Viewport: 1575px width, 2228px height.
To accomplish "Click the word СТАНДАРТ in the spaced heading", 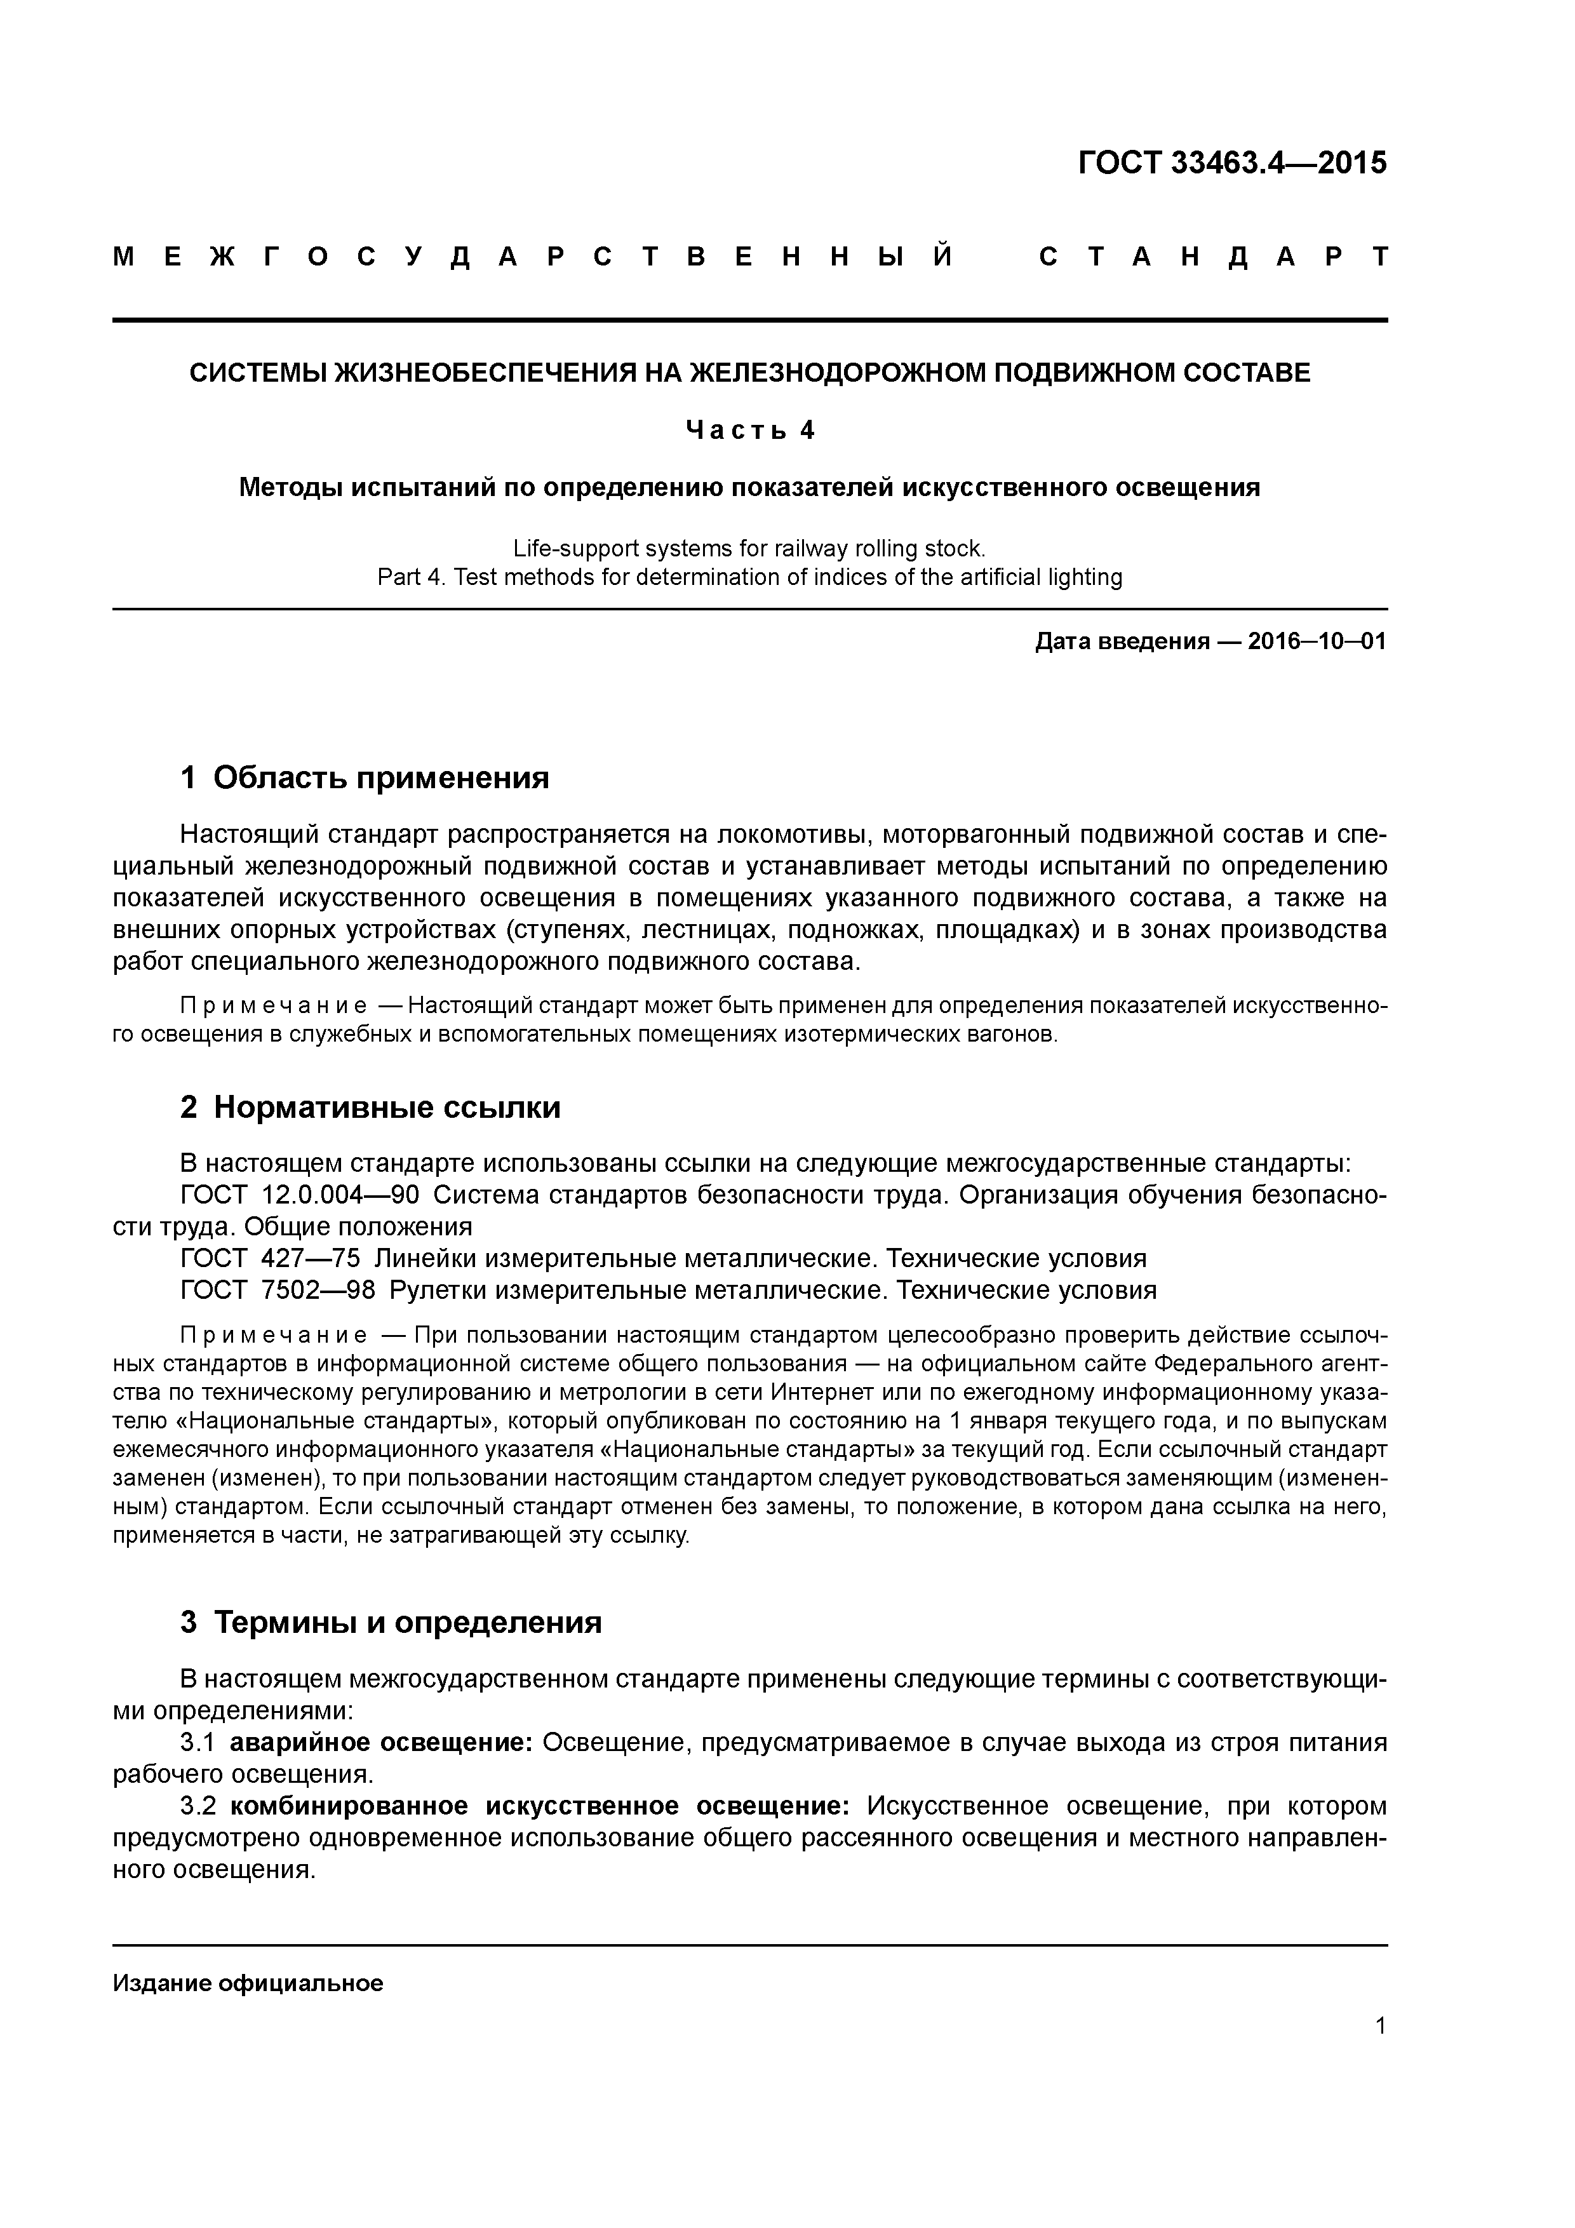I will pos(1213,257).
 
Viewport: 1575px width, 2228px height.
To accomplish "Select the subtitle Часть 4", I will pos(749,430).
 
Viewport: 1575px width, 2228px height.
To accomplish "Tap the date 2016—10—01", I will pos(1317,641).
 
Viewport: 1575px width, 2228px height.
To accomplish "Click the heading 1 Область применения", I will pos(365,777).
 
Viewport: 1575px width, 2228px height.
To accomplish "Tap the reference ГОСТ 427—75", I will pos(271,1259).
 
